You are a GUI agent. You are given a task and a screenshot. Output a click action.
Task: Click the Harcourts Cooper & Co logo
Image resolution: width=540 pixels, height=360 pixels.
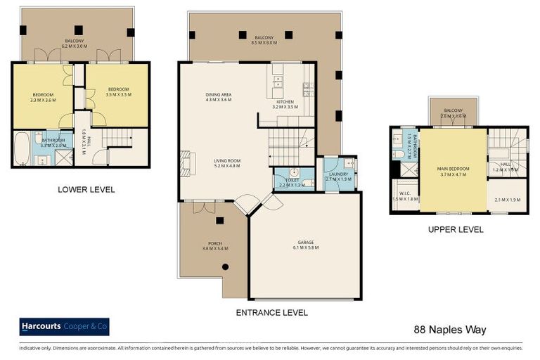64,327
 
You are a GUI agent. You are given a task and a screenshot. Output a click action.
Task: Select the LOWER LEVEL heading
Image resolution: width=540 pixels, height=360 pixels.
86,189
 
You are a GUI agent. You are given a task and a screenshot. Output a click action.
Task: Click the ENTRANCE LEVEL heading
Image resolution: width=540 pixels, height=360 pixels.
271,313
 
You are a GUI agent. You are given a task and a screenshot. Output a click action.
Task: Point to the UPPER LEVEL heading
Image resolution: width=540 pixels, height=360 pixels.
455,229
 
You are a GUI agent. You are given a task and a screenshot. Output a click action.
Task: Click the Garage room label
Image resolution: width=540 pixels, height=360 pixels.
304,245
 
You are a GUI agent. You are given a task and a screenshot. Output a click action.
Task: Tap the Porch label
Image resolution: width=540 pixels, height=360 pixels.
212,246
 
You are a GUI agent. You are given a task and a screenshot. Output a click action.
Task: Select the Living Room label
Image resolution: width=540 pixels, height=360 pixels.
227,164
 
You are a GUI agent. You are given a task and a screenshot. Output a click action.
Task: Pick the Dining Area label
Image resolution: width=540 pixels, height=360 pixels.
219,97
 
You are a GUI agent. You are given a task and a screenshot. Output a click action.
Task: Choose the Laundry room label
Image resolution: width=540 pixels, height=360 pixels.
339,176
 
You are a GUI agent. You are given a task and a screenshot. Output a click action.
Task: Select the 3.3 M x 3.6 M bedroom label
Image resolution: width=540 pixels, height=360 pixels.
43,97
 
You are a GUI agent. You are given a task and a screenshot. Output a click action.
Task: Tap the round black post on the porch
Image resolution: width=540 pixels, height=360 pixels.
226,266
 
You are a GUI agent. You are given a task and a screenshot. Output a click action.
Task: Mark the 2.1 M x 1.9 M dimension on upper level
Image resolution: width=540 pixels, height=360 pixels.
506,200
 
